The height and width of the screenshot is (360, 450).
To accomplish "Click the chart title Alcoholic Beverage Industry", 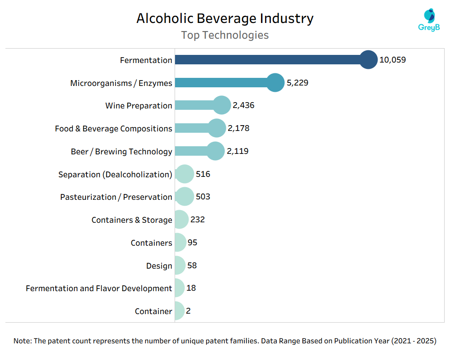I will (225, 18).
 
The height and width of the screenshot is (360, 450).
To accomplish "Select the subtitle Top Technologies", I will (225, 35).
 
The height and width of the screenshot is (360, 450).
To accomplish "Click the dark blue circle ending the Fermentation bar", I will (369, 60).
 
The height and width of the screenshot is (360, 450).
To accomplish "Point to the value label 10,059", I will (392, 60).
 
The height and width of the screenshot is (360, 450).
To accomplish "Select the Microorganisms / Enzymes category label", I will (121, 83).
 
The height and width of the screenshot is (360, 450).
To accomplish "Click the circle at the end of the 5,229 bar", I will (275, 83).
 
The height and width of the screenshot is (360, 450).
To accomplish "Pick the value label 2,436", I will (243, 106).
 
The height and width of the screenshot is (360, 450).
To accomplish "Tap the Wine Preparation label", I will (139, 106).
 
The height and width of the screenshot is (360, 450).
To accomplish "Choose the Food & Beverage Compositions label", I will (113, 129).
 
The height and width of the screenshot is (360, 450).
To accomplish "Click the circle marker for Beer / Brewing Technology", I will (216, 151).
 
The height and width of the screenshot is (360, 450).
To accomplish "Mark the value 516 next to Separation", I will (203, 174).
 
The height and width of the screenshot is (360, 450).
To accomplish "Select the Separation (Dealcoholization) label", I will (115, 175).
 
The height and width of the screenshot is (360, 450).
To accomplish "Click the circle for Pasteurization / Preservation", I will (184, 197).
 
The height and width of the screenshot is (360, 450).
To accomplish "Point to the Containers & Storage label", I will (132, 220).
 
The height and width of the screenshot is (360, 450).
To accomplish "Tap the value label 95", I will (192, 243).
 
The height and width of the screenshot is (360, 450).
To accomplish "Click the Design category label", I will (159, 266).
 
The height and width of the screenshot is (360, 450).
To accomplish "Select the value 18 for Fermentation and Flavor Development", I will (191, 288).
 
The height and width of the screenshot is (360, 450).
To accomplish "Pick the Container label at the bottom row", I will (153, 311).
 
